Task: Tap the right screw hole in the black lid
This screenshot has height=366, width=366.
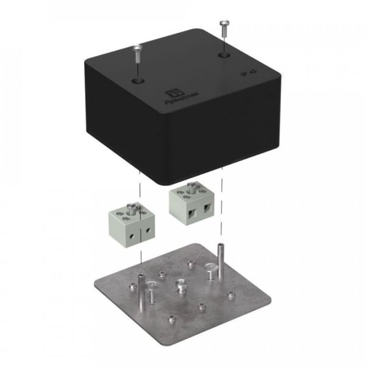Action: tap(223, 56)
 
